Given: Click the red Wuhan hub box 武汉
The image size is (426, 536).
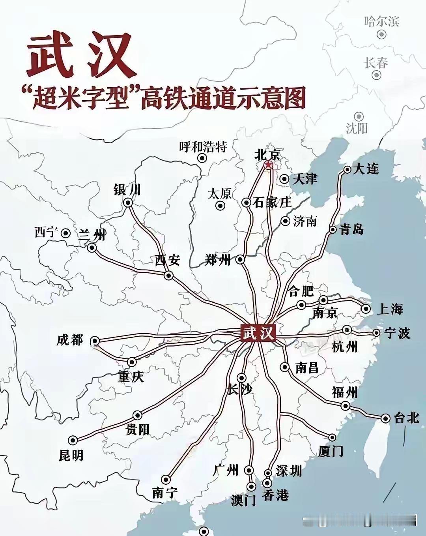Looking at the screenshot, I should tap(258, 333).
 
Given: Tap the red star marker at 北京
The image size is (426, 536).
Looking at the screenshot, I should tap(268, 165).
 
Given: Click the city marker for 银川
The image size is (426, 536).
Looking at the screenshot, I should tap(128, 203).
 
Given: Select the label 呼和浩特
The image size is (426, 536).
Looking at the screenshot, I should tap(203, 147).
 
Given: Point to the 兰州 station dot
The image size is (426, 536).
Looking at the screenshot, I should tap(92, 248).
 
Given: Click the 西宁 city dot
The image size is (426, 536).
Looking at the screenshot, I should tap(66, 233).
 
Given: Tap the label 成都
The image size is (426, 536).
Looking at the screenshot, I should tap(70, 340).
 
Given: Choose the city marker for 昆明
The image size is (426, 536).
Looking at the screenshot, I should tap(73, 440).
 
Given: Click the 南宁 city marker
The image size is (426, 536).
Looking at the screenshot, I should tap(166, 480).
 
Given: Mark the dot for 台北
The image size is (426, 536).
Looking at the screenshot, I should tap(385, 418).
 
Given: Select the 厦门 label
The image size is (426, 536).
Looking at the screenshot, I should tap(331, 451).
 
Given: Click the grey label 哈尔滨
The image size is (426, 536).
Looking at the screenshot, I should tap(381, 21).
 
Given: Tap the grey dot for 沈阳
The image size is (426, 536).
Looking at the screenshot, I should tap(359, 116).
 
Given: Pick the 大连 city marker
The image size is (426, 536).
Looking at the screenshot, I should tap(348, 170).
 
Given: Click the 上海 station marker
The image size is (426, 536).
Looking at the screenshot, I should tap(366, 309).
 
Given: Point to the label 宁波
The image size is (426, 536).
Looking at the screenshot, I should tap(397, 333).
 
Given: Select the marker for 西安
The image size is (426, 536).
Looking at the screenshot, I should tap(168, 275).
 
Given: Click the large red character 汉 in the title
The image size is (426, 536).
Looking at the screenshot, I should tap(109, 55).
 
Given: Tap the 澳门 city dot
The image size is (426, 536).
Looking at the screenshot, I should tap(251, 486).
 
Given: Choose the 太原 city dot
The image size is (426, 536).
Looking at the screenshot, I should tap(220, 206).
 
